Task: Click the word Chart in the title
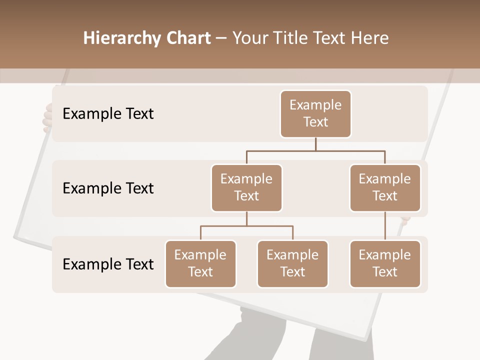click(x=188, y=38)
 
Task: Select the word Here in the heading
click(x=370, y=38)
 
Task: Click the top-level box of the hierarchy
click(x=315, y=113)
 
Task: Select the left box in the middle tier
click(x=246, y=187)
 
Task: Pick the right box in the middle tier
click(x=385, y=187)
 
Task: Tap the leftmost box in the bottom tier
click(x=200, y=263)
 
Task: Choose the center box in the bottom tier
click(x=292, y=263)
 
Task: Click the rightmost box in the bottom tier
click(x=385, y=263)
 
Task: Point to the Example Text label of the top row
click(x=108, y=114)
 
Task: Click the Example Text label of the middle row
click(x=108, y=188)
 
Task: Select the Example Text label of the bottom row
click(x=108, y=264)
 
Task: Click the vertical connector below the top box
click(x=315, y=144)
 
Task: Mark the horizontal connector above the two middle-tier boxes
click(x=315, y=150)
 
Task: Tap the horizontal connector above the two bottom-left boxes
click(x=246, y=226)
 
